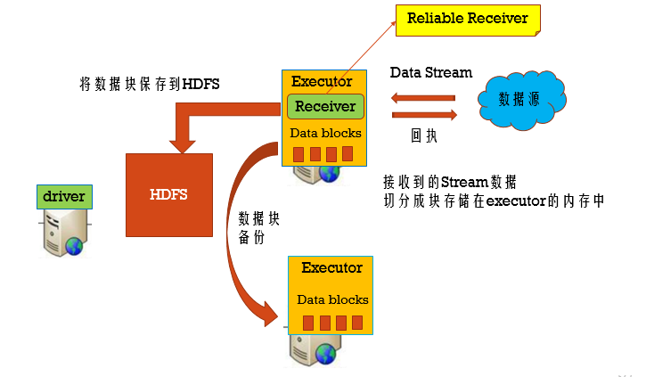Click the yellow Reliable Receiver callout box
467,18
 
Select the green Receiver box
324,106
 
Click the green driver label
64,195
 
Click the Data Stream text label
431,73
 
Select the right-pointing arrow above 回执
425,114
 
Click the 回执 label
423,136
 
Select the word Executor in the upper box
322,82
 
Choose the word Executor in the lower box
331,267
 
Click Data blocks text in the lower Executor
332,299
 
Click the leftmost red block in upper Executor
298,154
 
